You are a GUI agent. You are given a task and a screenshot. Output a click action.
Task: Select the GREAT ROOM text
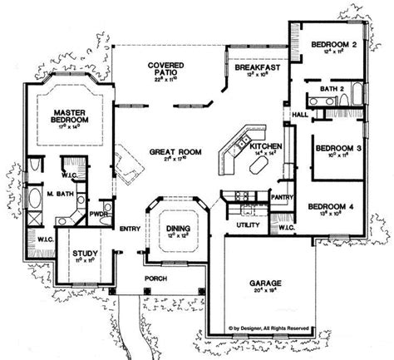172,153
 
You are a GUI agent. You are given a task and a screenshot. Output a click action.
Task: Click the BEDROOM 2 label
333,44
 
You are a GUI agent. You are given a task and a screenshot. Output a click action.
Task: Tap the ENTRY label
130,229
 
